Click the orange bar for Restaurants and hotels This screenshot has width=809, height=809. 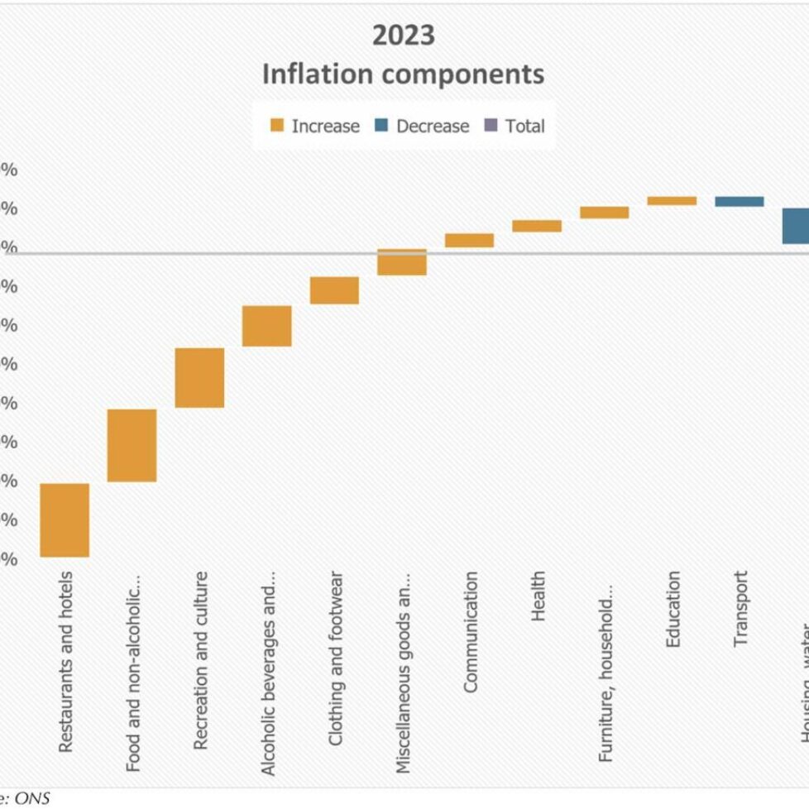click(x=65, y=519)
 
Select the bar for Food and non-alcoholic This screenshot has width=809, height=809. click(x=132, y=445)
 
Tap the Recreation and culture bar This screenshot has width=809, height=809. click(x=199, y=377)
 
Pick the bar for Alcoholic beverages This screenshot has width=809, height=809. click(x=266, y=325)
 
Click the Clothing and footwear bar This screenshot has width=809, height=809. click(x=334, y=290)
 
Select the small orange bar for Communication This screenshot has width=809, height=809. click(x=469, y=240)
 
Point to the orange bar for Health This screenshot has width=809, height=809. click(x=537, y=226)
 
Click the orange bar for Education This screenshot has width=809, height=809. click(x=672, y=200)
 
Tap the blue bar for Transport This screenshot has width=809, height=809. click(x=739, y=201)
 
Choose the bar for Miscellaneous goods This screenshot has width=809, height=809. click(x=402, y=261)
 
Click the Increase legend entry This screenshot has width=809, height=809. click(x=315, y=127)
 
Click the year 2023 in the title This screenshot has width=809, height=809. click(x=403, y=36)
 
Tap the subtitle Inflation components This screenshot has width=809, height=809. click(x=403, y=74)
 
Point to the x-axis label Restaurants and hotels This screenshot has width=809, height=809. click(x=65, y=662)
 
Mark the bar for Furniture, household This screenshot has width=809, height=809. click(x=604, y=213)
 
